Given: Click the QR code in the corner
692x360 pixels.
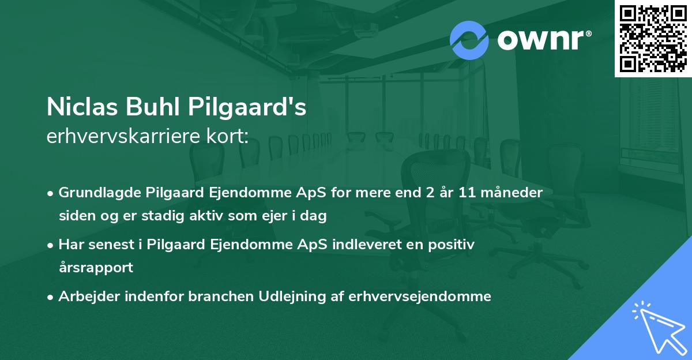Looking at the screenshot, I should (x=653, y=38).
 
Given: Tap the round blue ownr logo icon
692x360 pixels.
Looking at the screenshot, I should (x=469, y=40).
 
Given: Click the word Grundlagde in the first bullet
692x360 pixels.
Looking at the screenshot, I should (x=95, y=193).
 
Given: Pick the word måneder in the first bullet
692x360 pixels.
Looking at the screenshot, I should (x=514, y=193).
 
